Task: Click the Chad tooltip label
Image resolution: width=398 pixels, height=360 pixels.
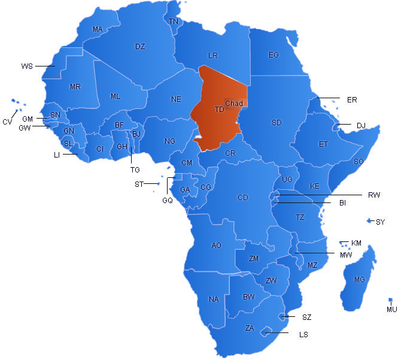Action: pyautogui.click(x=234, y=104)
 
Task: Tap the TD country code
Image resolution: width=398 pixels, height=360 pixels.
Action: pyautogui.click(x=220, y=110)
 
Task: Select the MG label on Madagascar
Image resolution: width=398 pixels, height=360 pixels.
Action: pyautogui.click(x=359, y=280)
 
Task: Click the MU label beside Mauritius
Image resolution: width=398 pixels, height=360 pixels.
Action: pyautogui.click(x=391, y=309)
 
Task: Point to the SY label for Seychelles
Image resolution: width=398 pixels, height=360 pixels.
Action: pyautogui.click(x=380, y=222)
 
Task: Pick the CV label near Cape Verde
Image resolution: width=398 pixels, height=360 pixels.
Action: pyautogui.click(x=7, y=122)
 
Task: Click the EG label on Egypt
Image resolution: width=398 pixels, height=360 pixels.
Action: pyautogui.click(x=274, y=55)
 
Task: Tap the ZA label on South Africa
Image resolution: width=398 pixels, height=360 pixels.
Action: pyautogui.click(x=250, y=328)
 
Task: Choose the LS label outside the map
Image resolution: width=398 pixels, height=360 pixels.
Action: pyautogui.click(x=303, y=334)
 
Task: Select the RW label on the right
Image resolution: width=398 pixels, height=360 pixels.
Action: pyautogui.click(x=374, y=195)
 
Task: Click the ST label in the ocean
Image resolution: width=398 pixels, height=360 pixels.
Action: pyautogui.click(x=139, y=184)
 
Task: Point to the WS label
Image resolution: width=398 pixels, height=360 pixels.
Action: pyautogui.click(x=27, y=65)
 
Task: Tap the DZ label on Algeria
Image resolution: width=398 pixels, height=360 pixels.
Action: pyautogui.click(x=140, y=46)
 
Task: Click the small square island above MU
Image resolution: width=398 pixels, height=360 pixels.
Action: pyautogui.click(x=390, y=300)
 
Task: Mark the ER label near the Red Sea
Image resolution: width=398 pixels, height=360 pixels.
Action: pyautogui.click(x=352, y=99)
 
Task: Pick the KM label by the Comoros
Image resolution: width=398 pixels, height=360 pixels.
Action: pyautogui.click(x=357, y=243)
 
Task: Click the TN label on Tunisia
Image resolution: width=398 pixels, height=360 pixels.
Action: pyautogui.click(x=174, y=22)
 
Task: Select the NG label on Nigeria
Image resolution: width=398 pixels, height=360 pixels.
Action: pyautogui.click(x=170, y=141)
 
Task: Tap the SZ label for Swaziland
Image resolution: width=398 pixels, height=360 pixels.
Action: pyautogui.click(x=306, y=317)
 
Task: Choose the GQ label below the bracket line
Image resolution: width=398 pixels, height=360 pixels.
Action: pyautogui.click(x=167, y=201)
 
